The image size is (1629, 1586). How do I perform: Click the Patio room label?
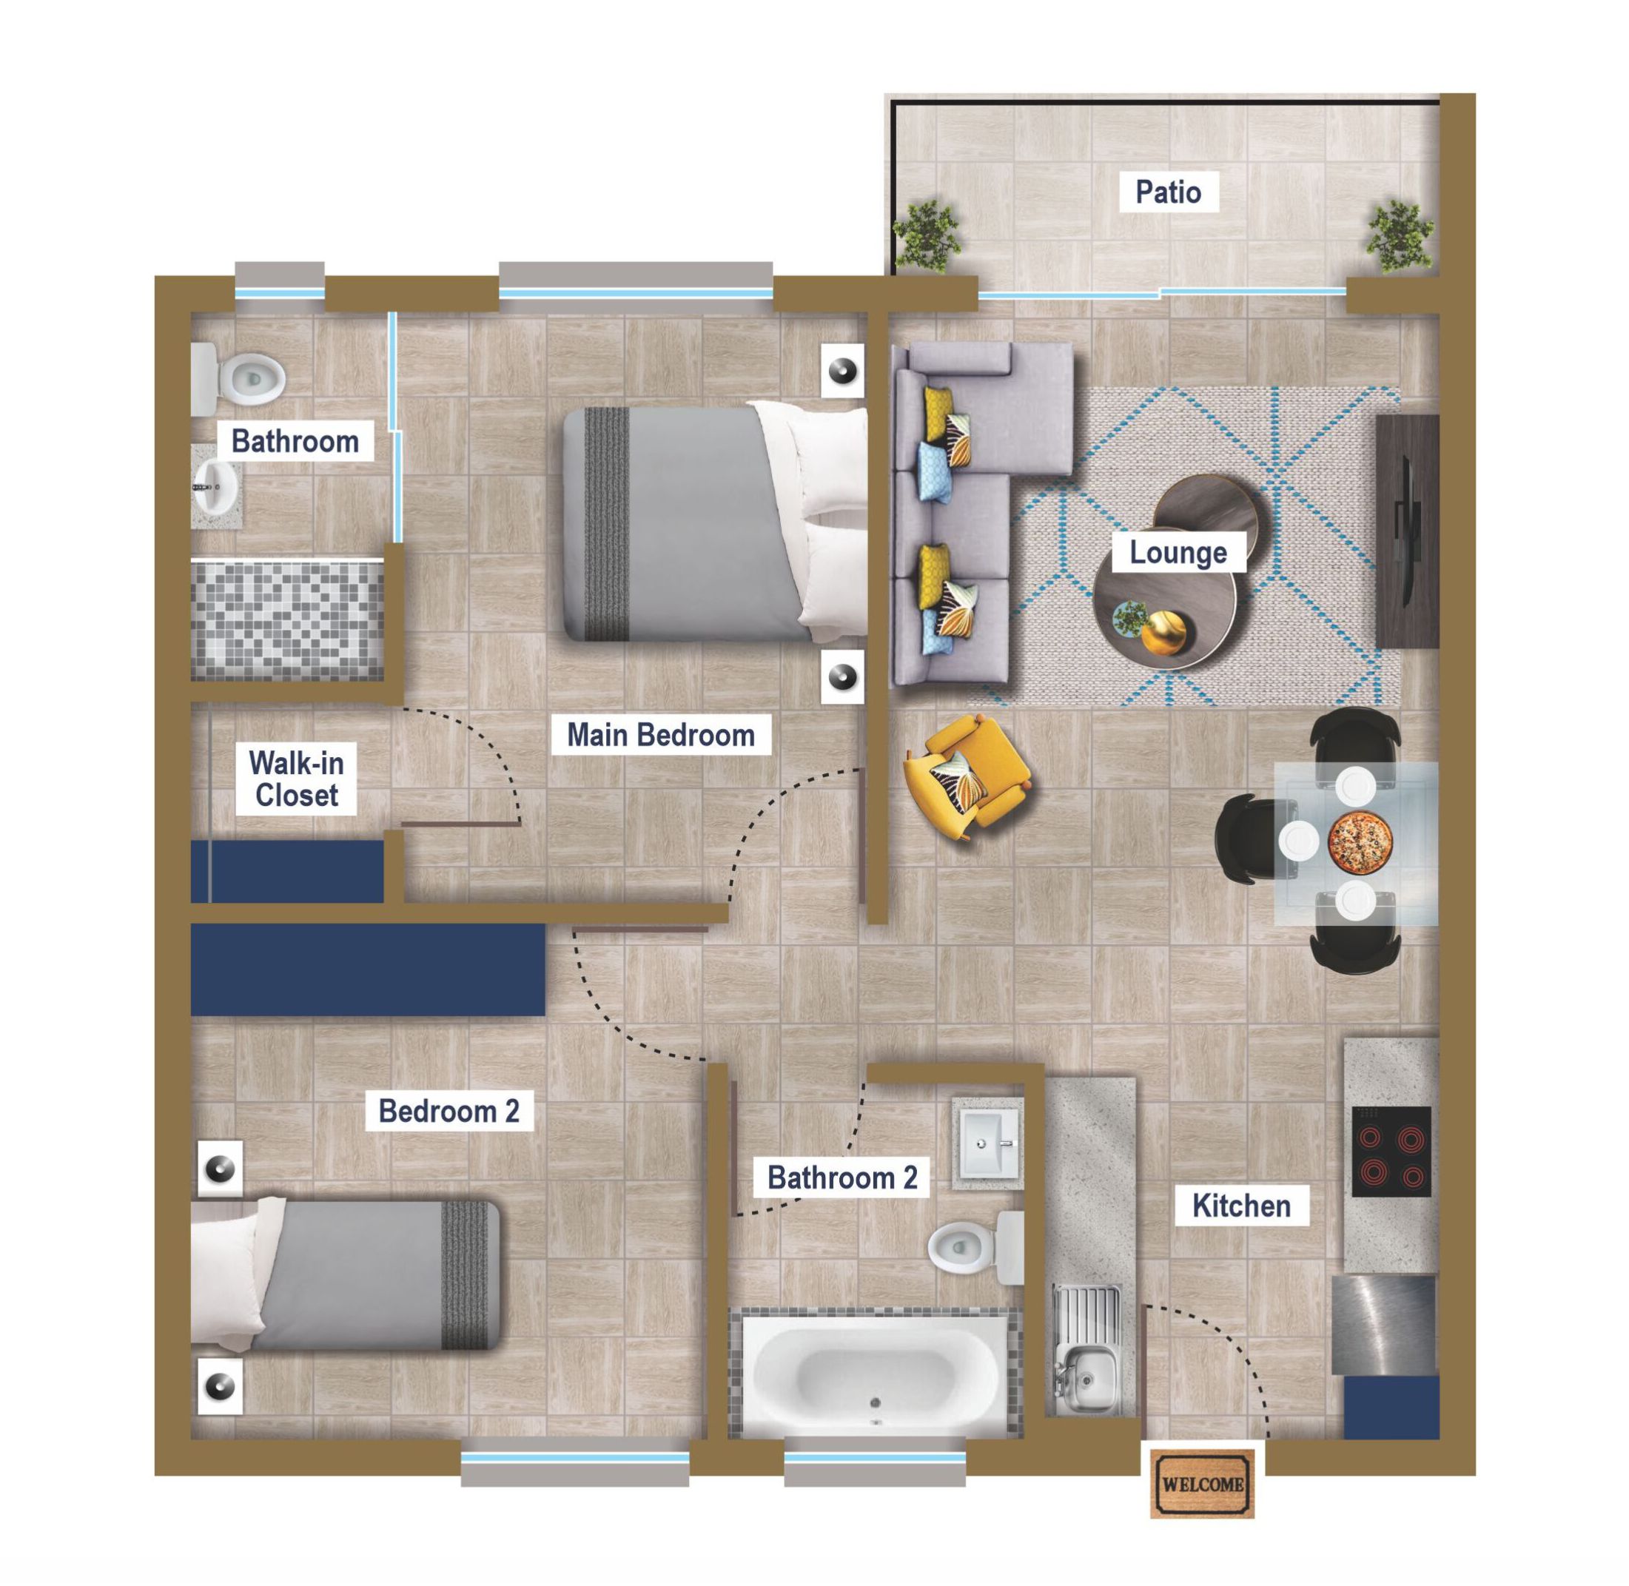[x=1168, y=192]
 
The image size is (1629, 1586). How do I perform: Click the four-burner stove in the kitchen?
[x=1391, y=1151]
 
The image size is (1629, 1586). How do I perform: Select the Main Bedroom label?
[x=660, y=735]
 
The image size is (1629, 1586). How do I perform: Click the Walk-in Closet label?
[x=297, y=779]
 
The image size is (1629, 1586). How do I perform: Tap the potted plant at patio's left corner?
[x=926, y=236]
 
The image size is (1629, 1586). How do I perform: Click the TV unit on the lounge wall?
[x=1407, y=531]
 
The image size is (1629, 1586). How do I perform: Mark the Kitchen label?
[x=1241, y=1206]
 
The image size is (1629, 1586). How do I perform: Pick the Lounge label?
[x=1178, y=552]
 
